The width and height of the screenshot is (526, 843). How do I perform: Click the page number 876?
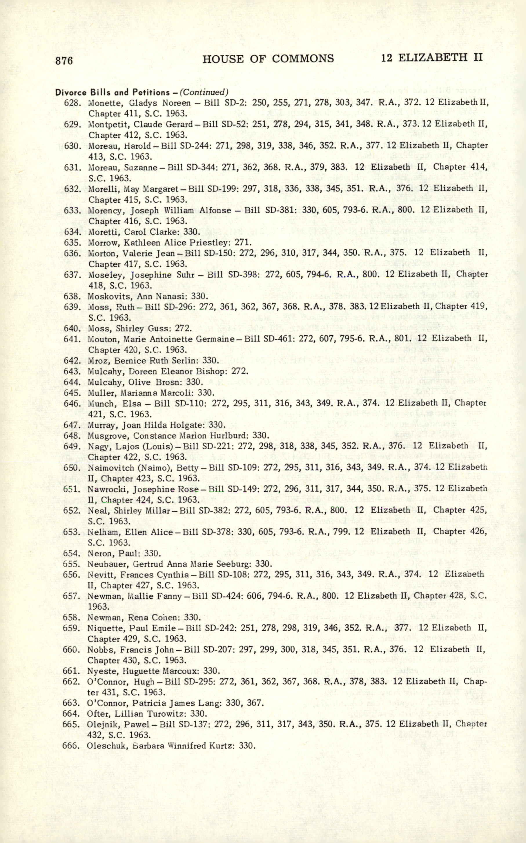pyautogui.click(x=64, y=60)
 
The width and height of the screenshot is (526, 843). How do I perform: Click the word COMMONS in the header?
pyautogui.click(x=302, y=59)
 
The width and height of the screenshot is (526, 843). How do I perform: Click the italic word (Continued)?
pyautogui.click(x=204, y=92)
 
